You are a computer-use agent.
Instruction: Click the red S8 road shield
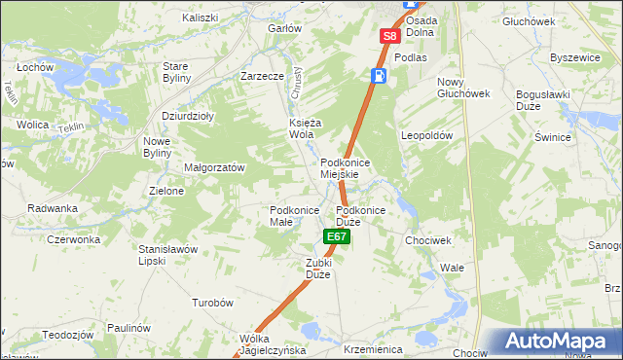click(389, 36)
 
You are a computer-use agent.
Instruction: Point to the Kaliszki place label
click(201, 18)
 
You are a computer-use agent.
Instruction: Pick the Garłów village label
click(284, 28)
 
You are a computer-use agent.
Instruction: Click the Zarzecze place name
click(262, 75)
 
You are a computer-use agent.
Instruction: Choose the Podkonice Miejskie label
click(341, 167)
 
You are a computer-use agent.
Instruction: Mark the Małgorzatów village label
click(214, 167)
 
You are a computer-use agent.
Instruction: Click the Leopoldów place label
click(427, 136)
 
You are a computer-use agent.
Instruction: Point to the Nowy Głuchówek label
click(462, 88)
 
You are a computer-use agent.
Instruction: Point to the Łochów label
click(34, 68)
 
